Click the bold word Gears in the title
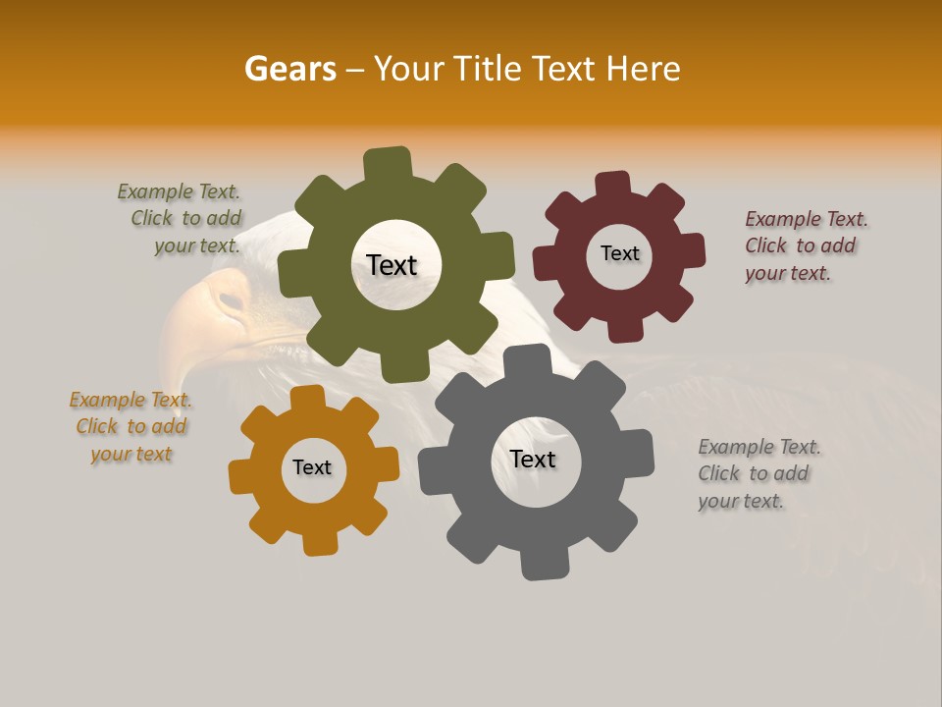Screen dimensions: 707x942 click(289, 69)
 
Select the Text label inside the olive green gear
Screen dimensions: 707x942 click(392, 265)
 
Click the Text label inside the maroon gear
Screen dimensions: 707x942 click(619, 253)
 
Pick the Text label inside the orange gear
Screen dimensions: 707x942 click(312, 467)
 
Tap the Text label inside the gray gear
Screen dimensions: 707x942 click(533, 459)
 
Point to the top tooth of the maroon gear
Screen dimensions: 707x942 click(613, 185)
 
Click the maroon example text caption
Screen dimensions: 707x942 click(805, 245)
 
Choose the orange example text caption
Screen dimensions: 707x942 click(131, 426)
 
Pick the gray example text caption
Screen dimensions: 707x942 click(758, 473)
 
